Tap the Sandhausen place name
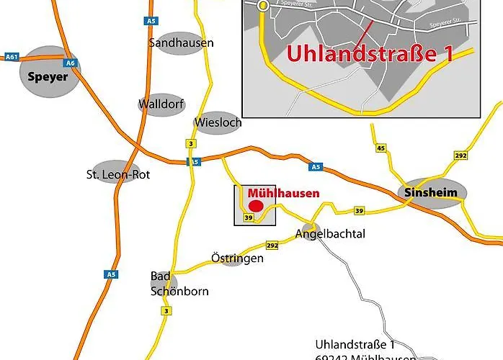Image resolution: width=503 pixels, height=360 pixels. pos(181,42)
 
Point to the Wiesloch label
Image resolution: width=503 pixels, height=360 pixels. pos(218,122)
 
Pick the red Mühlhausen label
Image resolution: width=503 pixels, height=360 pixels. pos(282,193)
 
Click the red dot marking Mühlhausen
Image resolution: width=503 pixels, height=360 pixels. pos(255,206)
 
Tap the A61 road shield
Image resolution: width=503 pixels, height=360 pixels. pos(11,56)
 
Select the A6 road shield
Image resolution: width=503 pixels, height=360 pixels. pos(71,63)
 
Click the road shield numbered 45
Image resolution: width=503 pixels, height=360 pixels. pos(381,148)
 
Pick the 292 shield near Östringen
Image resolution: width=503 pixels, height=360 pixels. pos(272,246)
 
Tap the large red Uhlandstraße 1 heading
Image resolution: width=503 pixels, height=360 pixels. pos(370,54)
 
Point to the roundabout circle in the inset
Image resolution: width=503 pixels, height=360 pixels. pos(263,5)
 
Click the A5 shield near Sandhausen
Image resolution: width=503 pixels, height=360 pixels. pos(151,22)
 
